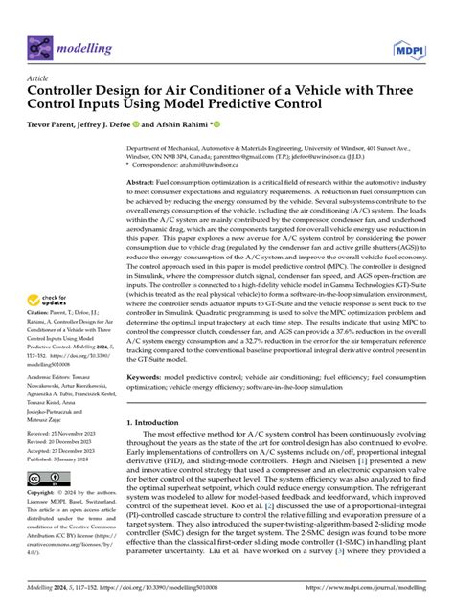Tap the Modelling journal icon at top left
click(x=41, y=45)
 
